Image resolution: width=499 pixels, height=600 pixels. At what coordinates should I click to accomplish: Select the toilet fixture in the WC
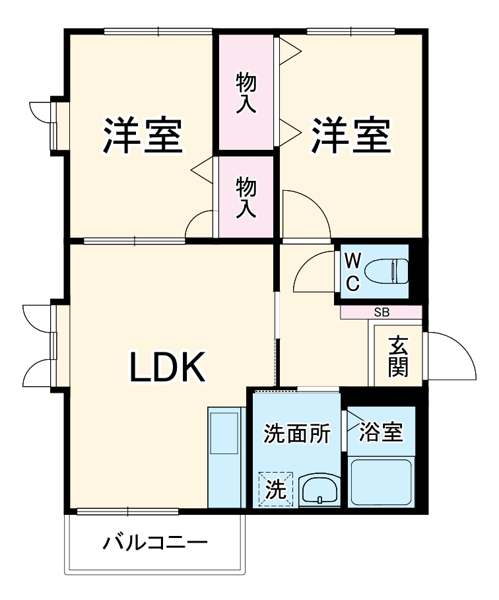pyautogui.click(x=386, y=270)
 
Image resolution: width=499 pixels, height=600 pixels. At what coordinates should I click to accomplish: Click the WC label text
pyautogui.click(x=353, y=271)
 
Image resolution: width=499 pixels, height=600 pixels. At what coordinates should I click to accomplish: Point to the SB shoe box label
pyautogui.click(x=382, y=312)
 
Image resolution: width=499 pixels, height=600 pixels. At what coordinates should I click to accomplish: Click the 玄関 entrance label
pyautogui.click(x=397, y=356)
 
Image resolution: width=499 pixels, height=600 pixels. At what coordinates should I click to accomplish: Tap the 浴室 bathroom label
pyautogui.click(x=381, y=432)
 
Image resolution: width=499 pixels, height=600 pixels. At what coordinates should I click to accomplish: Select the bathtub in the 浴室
pyautogui.click(x=381, y=481)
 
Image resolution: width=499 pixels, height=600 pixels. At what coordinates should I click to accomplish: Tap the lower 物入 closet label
pyautogui.click(x=246, y=197)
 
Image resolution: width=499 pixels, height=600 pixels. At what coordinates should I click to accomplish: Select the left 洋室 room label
pyautogui.click(x=141, y=135)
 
